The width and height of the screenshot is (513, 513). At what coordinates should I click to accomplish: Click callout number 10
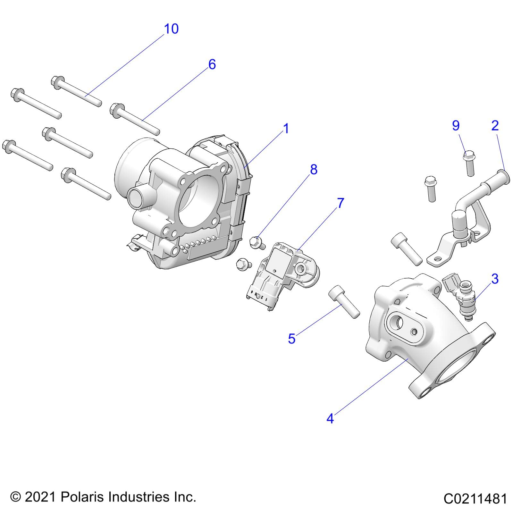[171, 29]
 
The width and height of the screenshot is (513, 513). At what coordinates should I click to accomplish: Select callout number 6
[212, 64]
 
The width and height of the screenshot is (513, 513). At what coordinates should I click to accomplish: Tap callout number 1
[286, 129]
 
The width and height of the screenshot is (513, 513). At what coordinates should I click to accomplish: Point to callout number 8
[313, 170]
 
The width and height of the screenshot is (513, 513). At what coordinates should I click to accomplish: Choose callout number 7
[341, 203]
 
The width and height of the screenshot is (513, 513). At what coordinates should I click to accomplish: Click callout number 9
[456, 125]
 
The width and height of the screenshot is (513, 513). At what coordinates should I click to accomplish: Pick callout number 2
[495, 125]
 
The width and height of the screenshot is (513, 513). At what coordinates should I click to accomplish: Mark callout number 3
[495, 279]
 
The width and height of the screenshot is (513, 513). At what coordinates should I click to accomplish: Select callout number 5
[291, 339]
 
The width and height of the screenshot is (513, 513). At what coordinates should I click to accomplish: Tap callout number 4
[330, 418]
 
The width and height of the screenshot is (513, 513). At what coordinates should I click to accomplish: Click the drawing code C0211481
[475, 499]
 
